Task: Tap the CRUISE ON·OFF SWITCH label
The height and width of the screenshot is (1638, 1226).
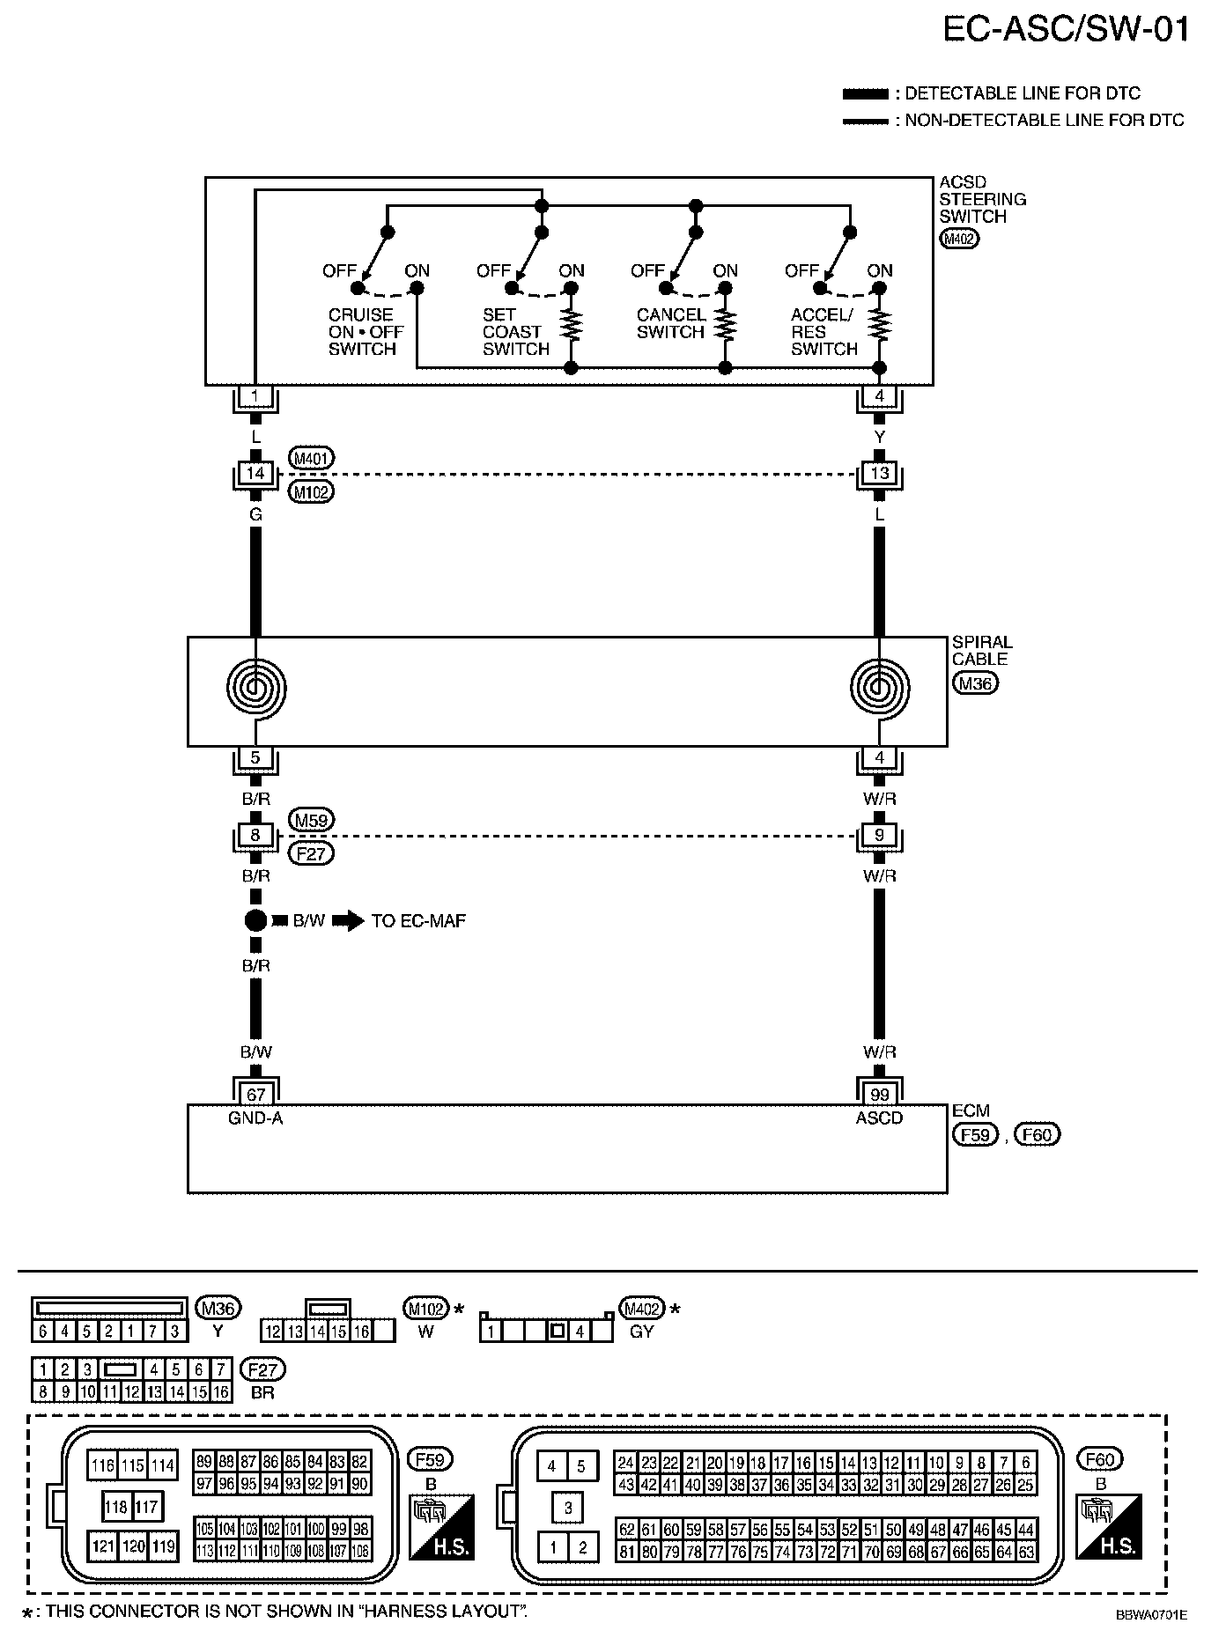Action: tap(366, 332)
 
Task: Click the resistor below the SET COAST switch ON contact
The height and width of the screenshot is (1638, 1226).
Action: tap(572, 323)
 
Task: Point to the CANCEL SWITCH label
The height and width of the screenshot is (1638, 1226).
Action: tap(671, 323)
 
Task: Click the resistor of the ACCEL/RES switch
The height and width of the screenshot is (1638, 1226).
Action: tap(879, 323)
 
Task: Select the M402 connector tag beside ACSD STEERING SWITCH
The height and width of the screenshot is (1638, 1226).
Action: tap(959, 239)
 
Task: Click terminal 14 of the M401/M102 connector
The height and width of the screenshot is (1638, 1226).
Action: tap(255, 474)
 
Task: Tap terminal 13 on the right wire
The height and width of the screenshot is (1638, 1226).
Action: tap(879, 474)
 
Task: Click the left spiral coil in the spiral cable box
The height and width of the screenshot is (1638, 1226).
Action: tap(255, 687)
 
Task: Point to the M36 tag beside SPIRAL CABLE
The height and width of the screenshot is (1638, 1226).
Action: tap(975, 683)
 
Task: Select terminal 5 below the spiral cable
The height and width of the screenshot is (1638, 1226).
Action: tap(255, 757)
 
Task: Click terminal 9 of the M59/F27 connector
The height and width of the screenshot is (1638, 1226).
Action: tap(879, 835)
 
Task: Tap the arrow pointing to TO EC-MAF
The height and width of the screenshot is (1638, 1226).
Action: tap(351, 921)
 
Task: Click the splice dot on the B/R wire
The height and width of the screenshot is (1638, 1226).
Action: tap(255, 921)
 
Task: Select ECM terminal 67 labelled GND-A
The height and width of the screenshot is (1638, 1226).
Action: tap(255, 1095)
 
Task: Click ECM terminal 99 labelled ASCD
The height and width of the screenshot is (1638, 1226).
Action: tap(879, 1095)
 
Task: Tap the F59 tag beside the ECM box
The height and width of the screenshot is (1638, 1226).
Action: tap(976, 1135)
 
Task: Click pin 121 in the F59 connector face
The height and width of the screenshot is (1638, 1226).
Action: tap(104, 1546)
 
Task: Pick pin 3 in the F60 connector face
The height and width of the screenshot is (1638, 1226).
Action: tap(568, 1508)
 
